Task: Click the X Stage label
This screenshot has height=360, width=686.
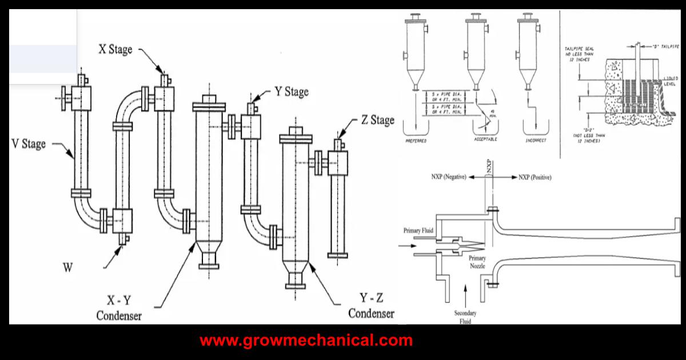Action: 115,50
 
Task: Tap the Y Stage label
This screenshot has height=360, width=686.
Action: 292,91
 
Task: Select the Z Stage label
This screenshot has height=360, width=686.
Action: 377,120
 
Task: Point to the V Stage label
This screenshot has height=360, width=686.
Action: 29,143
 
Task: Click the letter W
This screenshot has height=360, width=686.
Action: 67,268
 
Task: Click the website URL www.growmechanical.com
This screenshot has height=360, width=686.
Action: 306,341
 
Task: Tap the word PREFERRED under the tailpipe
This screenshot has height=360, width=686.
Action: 416,139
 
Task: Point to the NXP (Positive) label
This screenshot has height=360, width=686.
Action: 535,178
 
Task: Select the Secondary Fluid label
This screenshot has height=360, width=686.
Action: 465,317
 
